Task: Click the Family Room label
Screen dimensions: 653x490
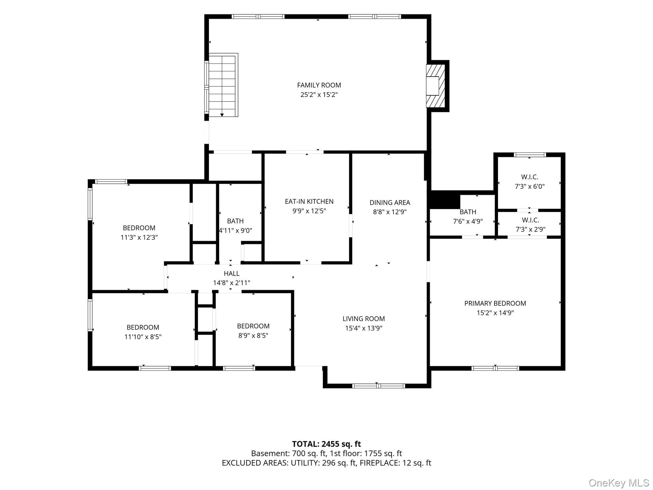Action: pyautogui.click(x=319, y=85)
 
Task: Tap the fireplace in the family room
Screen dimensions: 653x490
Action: pyautogui.click(x=436, y=86)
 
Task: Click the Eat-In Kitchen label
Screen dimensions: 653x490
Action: pyautogui.click(x=309, y=201)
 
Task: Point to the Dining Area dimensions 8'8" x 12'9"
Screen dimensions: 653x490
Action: pyautogui.click(x=390, y=212)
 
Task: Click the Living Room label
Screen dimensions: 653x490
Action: pyautogui.click(x=363, y=318)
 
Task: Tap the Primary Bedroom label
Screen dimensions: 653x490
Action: pyautogui.click(x=495, y=303)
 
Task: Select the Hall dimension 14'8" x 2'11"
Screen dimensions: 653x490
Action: pyautogui.click(x=231, y=283)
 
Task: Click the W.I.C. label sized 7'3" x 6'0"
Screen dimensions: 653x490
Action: pyautogui.click(x=530, y=177)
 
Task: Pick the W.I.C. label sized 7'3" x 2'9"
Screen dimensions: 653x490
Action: pyautogui.click(x=530, y=220)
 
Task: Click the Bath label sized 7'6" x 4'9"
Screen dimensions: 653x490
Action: pyautogui.click(x=468, y=212)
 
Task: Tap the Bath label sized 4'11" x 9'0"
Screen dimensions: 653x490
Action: pyautogui.click(x=235, y=221)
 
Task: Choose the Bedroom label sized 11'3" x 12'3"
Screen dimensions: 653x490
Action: pyautogui.click(x=139, y=228)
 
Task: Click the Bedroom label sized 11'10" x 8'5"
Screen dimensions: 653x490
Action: pyautogui.click(x=143, y=327)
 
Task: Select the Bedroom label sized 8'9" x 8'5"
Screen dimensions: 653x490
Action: pyautogui.click(x=253, y=326)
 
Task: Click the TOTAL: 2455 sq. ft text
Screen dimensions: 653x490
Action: pyautogui.click(x=326, y=444)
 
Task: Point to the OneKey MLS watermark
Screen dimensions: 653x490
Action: pyautogui.click(x=619, y=483)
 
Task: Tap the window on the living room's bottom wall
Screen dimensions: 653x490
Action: pyautogui.click(x=378, y=386)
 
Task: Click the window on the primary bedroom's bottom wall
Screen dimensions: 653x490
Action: pyautogui.click(x=495, y=368)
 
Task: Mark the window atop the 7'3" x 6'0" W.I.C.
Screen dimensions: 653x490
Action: pyautogui.click(x=530, y=155)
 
